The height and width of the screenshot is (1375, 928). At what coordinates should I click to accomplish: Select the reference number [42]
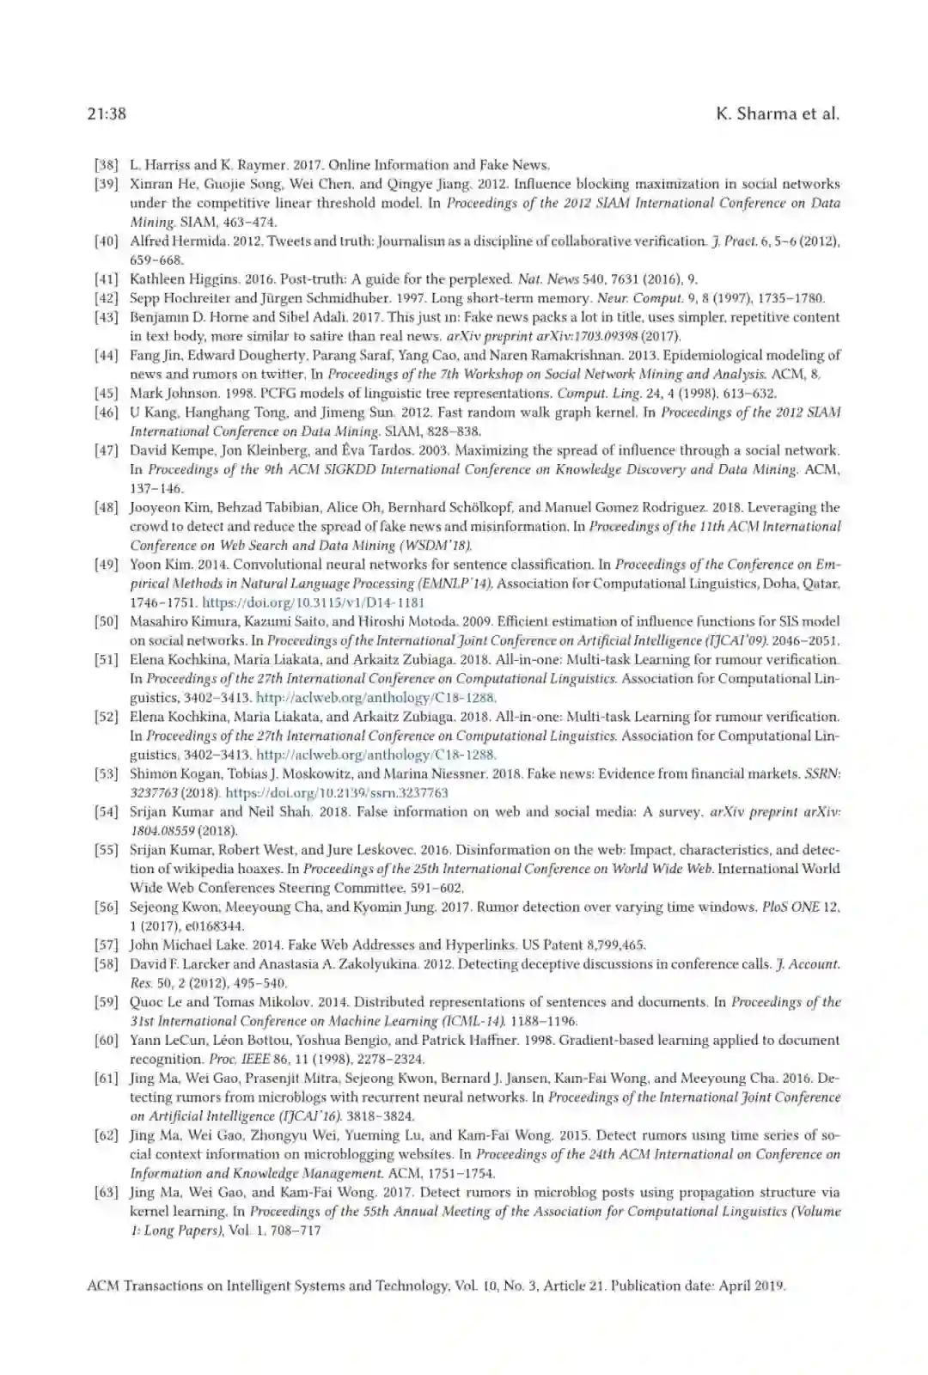pos(106,298)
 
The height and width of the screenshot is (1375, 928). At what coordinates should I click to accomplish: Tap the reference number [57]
pos(106,945)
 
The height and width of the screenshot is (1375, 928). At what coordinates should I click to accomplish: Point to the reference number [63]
pos(106,1192)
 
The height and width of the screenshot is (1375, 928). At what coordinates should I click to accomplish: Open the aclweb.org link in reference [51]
pos(376,698)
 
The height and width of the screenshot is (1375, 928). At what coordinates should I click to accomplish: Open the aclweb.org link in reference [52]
pos(376,755)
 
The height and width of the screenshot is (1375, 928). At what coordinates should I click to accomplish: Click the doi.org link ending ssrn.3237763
pos(337,792)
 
